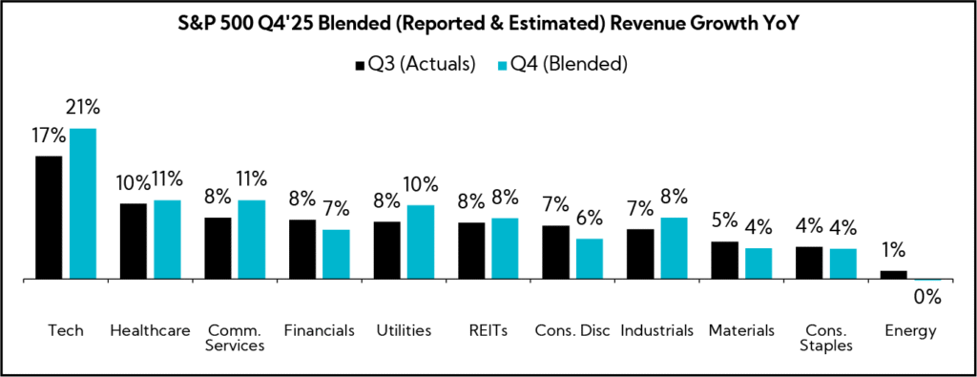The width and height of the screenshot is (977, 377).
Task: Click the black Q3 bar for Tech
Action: click(49, 218)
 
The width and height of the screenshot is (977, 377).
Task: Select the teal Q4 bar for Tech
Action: click(84, 203)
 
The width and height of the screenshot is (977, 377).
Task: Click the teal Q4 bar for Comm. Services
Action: click(252, 240)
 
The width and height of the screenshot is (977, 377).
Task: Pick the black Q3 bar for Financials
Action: click(302, 249)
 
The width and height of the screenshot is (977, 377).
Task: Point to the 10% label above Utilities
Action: click(421, 184)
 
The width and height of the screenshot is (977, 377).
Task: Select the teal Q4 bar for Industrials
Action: click(674, 248)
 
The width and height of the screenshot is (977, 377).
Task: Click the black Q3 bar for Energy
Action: click(893, 275)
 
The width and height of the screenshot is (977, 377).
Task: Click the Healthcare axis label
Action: click(150, 330)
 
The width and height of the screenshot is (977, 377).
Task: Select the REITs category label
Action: click(487, 330)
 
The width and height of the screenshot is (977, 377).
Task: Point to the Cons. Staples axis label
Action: click(825, 338)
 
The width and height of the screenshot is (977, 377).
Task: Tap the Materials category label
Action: click(740, 330)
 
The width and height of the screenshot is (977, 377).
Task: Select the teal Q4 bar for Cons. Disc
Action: click(589, 259)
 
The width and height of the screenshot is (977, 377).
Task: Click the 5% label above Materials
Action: click(724, 220)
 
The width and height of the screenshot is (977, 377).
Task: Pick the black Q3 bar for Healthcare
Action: click(133, 241)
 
